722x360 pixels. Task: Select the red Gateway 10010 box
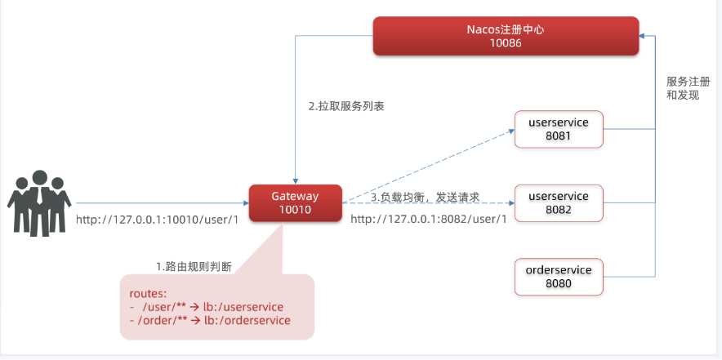295,203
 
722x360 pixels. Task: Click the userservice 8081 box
559,129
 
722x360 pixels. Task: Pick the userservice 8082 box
559,203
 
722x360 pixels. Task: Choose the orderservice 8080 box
559,277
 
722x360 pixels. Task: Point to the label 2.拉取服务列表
346,106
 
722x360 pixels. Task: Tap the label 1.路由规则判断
193,266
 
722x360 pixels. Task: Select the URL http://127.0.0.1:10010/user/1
157,220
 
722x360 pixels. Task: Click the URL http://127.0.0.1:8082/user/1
429,219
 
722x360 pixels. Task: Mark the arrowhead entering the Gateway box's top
295,181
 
